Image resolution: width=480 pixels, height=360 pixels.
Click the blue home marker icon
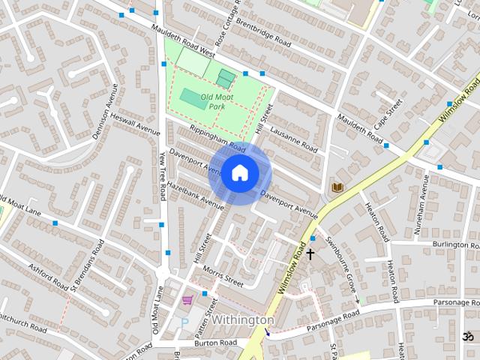(x=239, y=172)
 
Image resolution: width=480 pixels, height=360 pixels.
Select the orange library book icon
(x=337, y=186)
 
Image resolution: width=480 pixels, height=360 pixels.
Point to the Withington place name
(x=243, y=319)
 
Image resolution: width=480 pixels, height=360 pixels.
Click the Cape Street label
(x=389, y=112)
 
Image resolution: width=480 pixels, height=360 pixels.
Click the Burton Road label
(x=216, y=343)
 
